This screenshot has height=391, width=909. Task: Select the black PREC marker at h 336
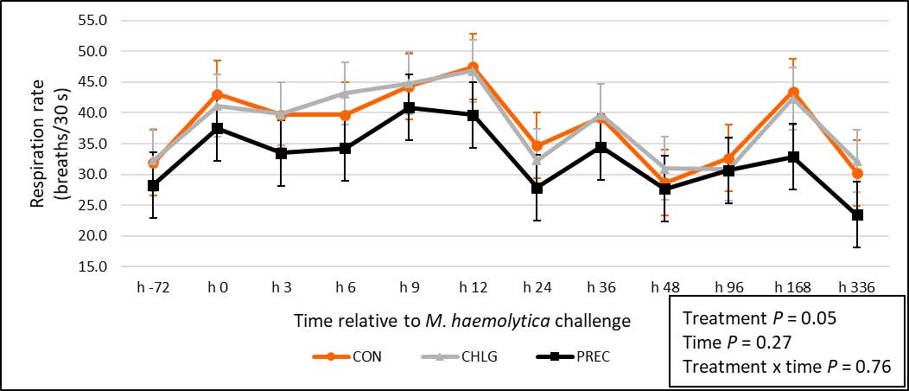857,215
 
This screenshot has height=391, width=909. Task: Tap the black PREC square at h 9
408,108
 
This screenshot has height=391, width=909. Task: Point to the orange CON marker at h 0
217,94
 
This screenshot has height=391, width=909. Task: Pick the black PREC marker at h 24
537,188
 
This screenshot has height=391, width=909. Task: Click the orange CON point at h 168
793,92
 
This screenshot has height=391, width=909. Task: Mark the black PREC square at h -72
154,185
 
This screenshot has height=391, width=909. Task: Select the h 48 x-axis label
665,285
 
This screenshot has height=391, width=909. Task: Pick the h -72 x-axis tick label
154,285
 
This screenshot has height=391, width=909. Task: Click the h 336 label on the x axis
857,285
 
